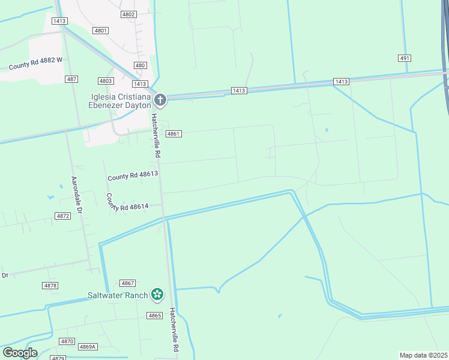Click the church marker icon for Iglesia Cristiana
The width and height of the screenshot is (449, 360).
pos(160,100)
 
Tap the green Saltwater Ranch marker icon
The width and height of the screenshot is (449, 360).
pos(157,294)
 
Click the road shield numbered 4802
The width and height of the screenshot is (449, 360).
pos(128,14)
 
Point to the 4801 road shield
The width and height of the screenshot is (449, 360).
pos(101,31)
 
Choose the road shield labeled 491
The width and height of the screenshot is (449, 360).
pos(404,58)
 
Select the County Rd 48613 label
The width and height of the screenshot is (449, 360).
pos(133,175)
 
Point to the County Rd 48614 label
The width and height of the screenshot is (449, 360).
pos(126,205)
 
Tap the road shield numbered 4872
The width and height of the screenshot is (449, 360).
pos(62,215)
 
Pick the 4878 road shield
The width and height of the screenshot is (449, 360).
pos(50,286)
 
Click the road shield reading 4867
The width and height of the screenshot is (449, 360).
pos(127,283)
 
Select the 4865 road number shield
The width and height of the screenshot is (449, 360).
pos(154,316)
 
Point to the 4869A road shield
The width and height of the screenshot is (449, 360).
pos(88,347)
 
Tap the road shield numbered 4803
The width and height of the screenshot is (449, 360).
pos(106,81)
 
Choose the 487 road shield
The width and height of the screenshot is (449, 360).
pos(72,79)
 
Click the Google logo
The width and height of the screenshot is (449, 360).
pos(20,353)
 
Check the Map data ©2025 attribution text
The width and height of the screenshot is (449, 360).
pos(424,355)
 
